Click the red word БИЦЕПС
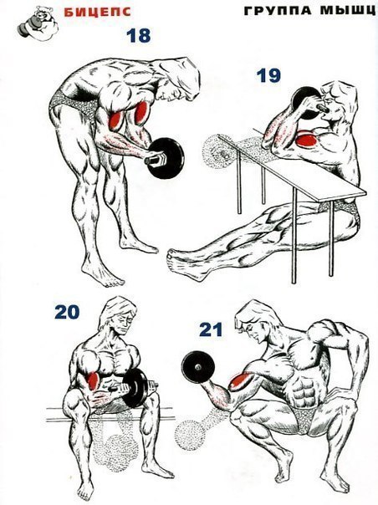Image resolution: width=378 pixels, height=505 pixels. pos(97,12)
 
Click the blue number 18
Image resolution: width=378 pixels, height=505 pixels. pos(139,36)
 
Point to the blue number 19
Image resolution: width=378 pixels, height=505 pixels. pos(268,76)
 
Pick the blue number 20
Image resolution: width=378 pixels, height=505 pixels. pos(67,312)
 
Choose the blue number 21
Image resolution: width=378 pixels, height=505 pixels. pos(211,329)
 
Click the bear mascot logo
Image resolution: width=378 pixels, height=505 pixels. pos(38,22)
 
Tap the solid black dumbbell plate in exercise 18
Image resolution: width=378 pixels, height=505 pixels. pos(166,158)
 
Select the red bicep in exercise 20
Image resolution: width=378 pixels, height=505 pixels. pos(93,380)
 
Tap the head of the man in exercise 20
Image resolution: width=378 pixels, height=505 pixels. pos(118,316)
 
